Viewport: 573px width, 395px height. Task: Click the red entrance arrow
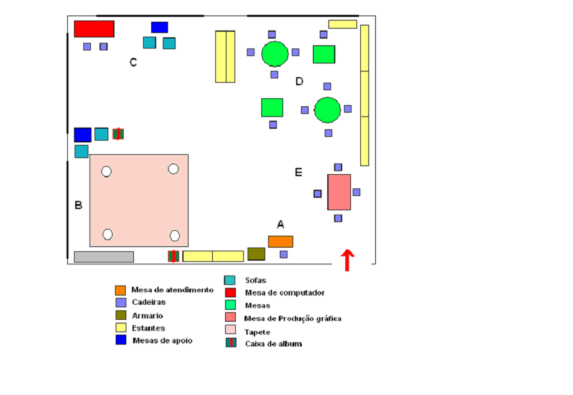(347, 260)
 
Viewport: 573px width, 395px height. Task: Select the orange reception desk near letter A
(280, 241)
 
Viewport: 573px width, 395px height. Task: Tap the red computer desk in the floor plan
(94, 29)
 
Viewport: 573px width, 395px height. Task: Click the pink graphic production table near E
(339, 192)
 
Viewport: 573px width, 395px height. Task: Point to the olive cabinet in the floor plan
(256, 254)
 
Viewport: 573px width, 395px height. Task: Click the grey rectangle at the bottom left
(104, 257)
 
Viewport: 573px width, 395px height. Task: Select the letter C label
(133, 62)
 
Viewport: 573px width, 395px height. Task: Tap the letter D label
(299, 81)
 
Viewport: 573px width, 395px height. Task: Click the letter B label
(78, 205)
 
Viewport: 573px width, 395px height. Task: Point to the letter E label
(299, 172)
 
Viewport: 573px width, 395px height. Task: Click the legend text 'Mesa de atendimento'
(172, 290)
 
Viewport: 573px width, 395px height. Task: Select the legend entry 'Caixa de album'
(273, 343)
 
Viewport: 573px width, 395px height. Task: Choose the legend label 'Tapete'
(258, 332)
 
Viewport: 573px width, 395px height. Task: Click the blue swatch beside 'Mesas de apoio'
(121, 340)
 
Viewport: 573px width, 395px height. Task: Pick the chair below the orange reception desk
(284, 254)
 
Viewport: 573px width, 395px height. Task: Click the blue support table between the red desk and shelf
(159, 27)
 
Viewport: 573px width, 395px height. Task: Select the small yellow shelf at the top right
(343, 24)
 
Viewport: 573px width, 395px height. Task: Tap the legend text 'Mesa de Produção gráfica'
(293, 318)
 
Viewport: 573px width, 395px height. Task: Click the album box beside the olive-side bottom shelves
(174, 256)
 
